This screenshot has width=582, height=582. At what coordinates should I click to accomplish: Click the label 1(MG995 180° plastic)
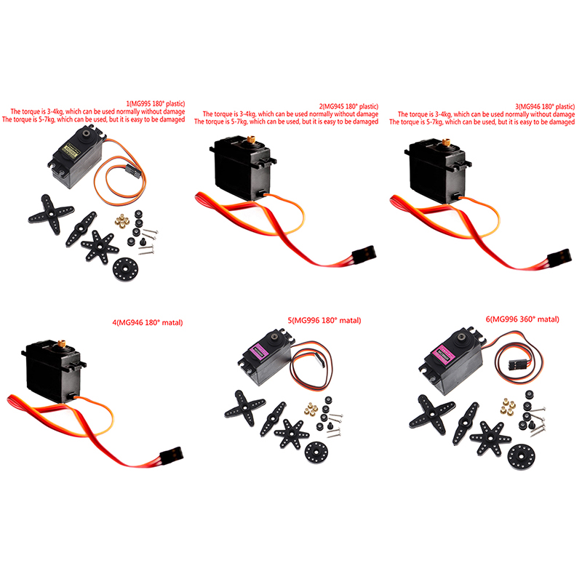point(156,103)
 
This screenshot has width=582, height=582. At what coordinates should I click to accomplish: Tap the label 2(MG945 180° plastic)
point(348,106)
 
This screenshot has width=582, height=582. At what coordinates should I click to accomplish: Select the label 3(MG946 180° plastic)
point(545,106)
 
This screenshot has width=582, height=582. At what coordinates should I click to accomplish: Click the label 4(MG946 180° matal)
point(148,322)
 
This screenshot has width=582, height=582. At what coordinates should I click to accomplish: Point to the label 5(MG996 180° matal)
point(324,320)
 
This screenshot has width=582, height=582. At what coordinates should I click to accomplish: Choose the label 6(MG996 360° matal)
point(522,319)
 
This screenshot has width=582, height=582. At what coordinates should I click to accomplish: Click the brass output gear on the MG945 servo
point(251,140)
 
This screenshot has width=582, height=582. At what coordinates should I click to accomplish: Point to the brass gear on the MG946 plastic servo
point(446,142)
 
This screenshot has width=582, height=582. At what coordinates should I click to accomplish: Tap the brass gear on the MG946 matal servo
point(62,343)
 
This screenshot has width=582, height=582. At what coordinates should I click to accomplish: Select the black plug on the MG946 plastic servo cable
point(559,257)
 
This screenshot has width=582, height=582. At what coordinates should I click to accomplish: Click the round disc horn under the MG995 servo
point(126,268)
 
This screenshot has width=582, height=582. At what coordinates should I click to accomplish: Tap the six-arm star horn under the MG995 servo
point(100,246)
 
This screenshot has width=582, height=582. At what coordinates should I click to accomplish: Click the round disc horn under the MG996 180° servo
point(316,453)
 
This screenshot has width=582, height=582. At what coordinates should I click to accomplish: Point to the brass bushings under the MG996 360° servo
point(509,407)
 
